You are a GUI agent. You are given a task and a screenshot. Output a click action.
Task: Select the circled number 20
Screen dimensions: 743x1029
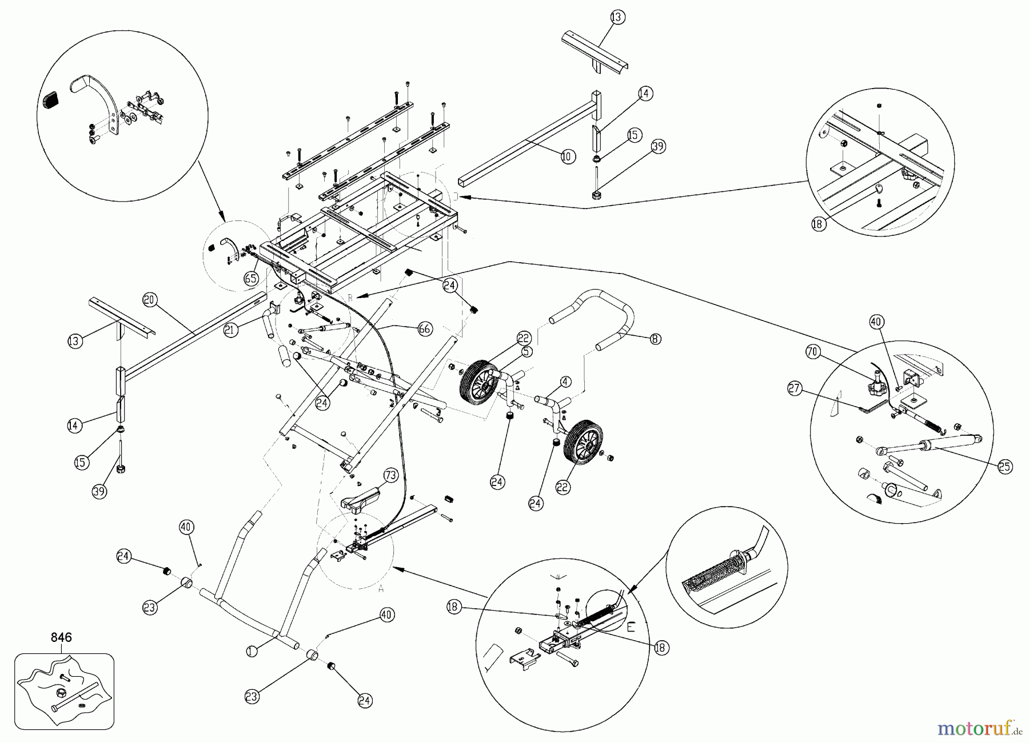(150, 300)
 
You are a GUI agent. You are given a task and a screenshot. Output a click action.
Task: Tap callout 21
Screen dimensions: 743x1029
(231, 330)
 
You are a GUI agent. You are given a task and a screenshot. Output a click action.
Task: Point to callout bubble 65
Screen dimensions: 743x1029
(251, 278)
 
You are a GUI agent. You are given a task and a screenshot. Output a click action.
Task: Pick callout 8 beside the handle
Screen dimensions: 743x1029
(655, 339)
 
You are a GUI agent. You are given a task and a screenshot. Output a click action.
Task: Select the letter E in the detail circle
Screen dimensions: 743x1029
(631, 627)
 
